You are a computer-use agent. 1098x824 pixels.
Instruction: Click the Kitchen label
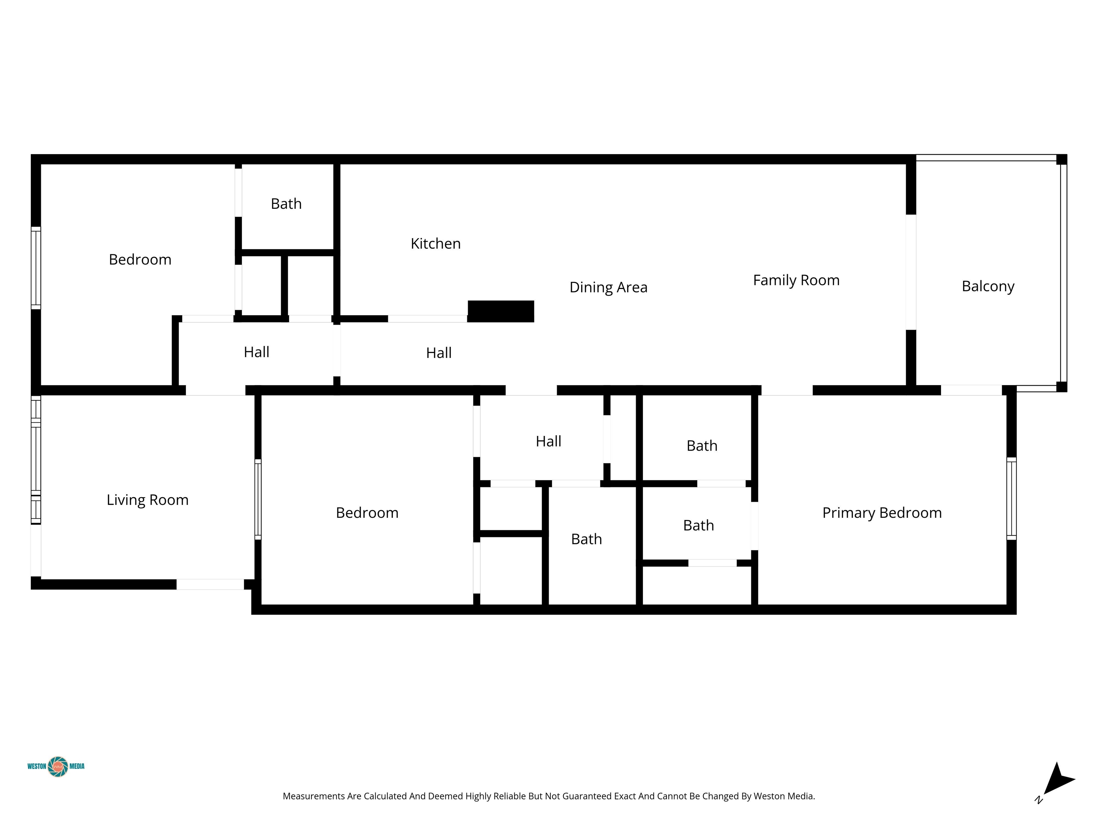point(435,244)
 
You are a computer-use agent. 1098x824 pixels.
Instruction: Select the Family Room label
point(796,280)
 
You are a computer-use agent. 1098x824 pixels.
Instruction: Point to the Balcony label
point(988,286)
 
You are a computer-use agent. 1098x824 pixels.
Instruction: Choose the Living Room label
point(147,500)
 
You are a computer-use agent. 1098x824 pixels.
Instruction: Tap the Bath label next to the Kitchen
point(286,203)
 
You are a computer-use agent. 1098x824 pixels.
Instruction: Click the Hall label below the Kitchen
point(439,353)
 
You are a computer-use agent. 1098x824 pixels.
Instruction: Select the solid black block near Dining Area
point(501,312)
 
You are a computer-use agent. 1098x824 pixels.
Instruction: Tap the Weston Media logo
point(56,766)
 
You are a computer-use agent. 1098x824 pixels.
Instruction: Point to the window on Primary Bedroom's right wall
point(1011,498)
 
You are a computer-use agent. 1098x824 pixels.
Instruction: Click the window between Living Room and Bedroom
point(258,499)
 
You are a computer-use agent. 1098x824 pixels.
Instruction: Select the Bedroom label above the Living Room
point(140,259)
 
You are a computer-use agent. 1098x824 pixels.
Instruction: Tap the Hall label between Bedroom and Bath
point(549,441)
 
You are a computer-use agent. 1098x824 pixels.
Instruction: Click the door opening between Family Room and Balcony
point(911,272)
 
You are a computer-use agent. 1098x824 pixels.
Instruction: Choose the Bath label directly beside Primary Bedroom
point(698,525)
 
